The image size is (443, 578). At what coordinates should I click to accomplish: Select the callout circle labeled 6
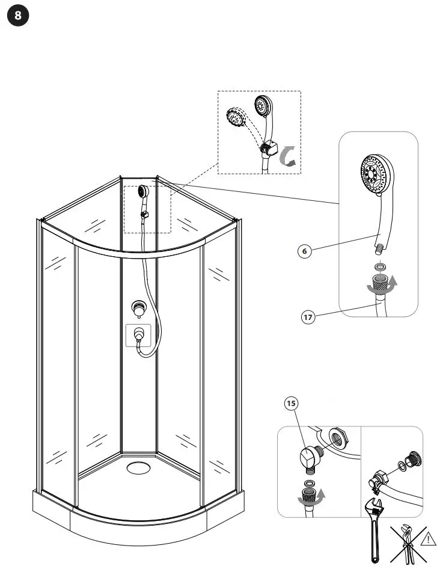coord(305,251)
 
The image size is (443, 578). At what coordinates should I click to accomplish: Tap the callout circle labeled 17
coord(308,316)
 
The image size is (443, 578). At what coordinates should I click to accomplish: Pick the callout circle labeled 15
coord(292,404)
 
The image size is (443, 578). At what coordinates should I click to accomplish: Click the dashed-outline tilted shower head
coord(235,118)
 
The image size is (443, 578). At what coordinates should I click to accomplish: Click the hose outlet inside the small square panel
coord(139,334)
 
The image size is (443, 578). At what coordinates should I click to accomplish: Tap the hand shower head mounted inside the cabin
coord(143,191)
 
